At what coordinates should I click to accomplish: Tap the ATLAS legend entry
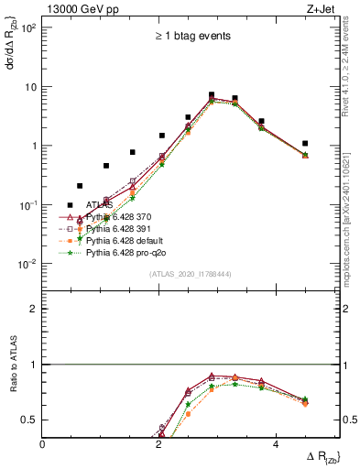[x=100, y=205]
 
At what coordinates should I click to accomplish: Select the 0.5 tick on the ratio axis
[x=29, y=420]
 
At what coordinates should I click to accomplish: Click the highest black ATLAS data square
[x=212, y=94]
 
